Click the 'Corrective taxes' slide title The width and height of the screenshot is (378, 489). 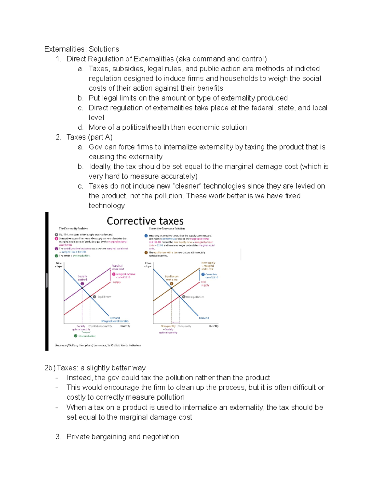click(145, 221)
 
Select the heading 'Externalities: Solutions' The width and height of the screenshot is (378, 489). click(82, 49)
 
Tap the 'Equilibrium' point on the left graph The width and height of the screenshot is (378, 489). click(90, 297)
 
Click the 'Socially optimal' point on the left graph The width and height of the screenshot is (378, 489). click(82, 288)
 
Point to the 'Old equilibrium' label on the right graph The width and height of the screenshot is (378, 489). click(195, 297)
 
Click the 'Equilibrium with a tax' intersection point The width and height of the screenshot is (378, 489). click(171, 288)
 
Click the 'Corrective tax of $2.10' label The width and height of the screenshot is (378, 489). click(211, 276)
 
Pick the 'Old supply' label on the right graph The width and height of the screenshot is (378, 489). click(205, 284)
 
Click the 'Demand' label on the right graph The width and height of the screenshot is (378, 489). click(204, 318)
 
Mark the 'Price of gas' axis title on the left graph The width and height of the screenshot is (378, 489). click(59, 265)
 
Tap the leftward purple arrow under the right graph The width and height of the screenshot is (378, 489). click(175, 322)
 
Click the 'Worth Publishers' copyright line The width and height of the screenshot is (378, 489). click(98, 345)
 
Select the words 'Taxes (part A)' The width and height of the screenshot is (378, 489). click(89, 137)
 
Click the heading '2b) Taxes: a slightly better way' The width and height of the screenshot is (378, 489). click(95, 368)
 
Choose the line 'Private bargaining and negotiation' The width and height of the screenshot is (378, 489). click(123, 437)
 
